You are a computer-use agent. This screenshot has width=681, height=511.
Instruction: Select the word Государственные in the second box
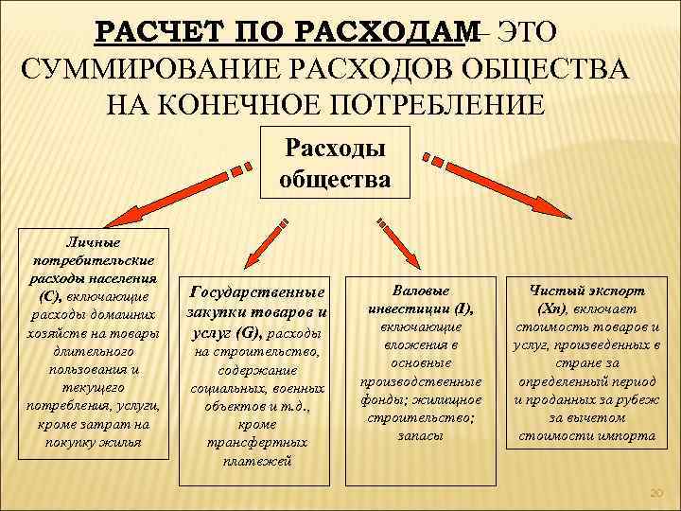[x=257, y=292]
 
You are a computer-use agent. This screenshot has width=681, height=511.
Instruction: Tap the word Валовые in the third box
[x=420, y=291]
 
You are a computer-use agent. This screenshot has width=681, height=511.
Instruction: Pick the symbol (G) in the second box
[x=253, y=334]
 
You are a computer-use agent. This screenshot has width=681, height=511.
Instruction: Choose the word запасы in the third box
[x=420, y=435]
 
